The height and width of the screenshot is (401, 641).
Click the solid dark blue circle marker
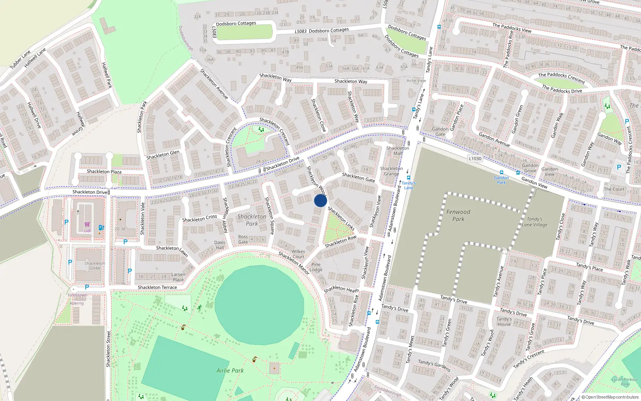point(320,200)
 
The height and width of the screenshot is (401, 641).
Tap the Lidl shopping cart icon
point(87,225)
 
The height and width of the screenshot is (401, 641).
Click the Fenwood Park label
point(458,215)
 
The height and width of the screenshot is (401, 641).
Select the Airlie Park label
point(230,371)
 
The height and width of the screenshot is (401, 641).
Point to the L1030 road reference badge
point(475,158)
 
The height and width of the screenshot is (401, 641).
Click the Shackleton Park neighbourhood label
point(252,220)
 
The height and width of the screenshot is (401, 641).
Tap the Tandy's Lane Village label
point(534,222)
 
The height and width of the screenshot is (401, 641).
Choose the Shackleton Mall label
point(398,151)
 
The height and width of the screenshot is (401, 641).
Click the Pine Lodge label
point(316,267)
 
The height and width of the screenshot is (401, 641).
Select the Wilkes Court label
point(298,254)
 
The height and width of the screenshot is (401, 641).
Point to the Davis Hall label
point(220,245)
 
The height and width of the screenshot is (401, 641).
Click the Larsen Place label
point(178,277)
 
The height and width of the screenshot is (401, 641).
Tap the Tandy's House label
point(504,322)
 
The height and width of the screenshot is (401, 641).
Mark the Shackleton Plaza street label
point(104,172)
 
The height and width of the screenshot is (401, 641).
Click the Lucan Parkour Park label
point(625,382)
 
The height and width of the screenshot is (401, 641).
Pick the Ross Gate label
point(243,239)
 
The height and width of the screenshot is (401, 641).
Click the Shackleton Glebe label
point(95,266)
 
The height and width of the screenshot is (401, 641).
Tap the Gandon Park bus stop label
point(501,180)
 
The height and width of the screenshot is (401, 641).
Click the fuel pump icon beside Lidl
point(101,228)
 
